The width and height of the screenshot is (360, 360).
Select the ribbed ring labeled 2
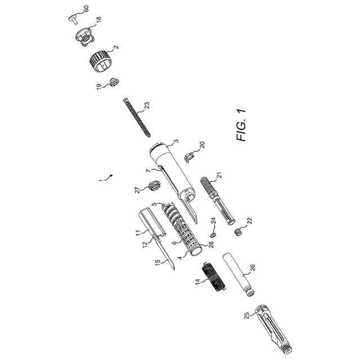[101, 61]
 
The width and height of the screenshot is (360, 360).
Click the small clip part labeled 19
[112, 82]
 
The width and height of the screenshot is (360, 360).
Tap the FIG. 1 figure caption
[242, 123]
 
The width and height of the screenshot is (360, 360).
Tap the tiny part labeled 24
[214, 231]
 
